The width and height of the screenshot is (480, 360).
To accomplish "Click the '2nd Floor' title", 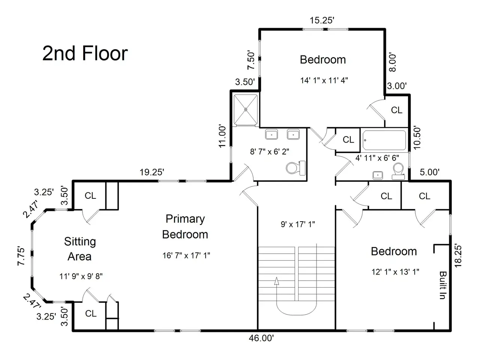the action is tap(85, 53).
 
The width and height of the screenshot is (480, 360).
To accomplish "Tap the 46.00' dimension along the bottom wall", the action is tap(261, 338).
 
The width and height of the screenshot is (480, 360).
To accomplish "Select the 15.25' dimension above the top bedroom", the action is tap(322, 20).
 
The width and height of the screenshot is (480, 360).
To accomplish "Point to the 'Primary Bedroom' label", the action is tap(185, 226).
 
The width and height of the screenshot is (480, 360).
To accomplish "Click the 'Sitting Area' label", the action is tap(80, 249).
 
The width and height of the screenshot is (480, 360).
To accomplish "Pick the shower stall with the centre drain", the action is tap(246, 110).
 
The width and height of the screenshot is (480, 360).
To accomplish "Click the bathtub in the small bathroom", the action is tap(384, 140).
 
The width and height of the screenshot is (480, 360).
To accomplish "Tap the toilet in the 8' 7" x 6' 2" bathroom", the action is tap(295, 168).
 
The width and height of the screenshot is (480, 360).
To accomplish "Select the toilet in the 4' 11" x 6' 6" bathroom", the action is tap(398, 171).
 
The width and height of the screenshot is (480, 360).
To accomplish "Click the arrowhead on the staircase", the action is tap(277, 281).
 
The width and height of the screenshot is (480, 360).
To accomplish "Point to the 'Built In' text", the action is tap(442, 285).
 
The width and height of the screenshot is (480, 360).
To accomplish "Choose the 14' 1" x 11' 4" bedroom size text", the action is tap(324, 80).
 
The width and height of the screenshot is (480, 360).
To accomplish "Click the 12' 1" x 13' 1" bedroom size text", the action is tap(395, 272).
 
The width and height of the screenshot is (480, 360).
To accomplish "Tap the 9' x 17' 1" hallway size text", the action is tap(298, 224).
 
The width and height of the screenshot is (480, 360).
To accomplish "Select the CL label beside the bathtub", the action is tap(348, 139).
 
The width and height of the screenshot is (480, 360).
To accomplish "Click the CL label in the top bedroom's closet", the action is tap(397, 110).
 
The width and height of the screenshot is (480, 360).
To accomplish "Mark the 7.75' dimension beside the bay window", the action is tap(21, 256).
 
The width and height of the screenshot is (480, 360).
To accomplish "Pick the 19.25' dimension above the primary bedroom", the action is tap(152, 172).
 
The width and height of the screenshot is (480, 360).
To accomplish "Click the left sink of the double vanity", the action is tap(271, 134).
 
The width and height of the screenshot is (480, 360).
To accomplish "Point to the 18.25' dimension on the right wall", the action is tap(458, 255).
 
